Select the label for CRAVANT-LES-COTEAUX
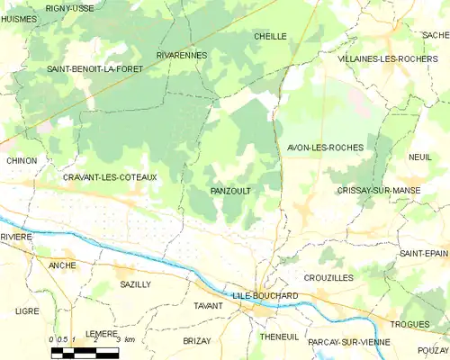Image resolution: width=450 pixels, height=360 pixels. click(x=110, y=177)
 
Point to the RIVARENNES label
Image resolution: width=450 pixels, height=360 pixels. click(x=182, y=55)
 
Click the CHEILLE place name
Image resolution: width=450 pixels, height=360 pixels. click(x=270, y=36)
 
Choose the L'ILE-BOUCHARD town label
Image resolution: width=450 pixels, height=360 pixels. click(x=265, y=295)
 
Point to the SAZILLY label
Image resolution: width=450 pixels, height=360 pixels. click(x=135, y=284)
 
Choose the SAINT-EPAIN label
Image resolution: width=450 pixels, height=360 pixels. click(x=425, y=254)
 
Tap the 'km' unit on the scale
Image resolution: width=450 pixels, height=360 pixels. click(x=130, y=339)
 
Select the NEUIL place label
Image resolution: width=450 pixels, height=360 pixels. click(x=419, y=157)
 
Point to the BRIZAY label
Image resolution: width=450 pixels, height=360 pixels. click(x=196, y=341)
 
